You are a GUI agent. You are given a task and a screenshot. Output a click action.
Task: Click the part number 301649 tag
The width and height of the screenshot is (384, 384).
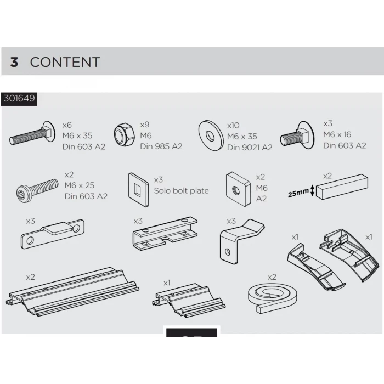pyautogui.click(x=19, y=99)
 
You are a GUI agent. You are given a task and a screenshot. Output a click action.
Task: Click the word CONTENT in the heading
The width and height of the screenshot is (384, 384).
pyautogui.click(x=65, y=62)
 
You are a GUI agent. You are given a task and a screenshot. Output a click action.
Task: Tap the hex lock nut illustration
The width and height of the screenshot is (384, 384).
pyautogui.click(x=125, y=135)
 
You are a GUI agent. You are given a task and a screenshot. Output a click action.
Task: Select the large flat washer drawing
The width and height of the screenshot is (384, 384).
pyautogui.click(x=211, y=135)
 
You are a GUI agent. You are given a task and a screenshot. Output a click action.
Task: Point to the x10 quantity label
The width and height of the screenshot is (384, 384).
pyautogui.click(x=233, y=126)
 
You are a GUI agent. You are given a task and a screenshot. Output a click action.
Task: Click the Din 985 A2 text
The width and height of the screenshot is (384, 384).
pyautogui.click(x=161, y=146)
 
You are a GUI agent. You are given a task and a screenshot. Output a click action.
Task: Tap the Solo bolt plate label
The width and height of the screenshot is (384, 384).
pyautogui.click(x=181, y=190)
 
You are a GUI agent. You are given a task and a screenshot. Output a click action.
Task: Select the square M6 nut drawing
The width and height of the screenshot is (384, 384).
pyautogui.click(x=238, y=189)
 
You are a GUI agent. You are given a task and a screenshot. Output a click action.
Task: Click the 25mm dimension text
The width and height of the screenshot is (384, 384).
pyautogui.click(x=298, y=193)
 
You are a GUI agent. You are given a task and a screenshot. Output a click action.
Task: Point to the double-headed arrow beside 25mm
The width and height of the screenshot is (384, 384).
pyautogui.click(x=312, y=190)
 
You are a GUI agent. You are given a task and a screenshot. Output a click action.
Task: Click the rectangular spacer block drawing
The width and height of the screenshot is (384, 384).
pyautogui.click(x=342, y=186)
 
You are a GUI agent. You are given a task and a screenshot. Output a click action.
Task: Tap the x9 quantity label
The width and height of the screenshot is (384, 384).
pyautogui.click(x=144, y=125)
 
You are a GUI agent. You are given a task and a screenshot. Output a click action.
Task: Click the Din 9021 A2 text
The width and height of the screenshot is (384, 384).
pyautogui.click(x=250, y=148)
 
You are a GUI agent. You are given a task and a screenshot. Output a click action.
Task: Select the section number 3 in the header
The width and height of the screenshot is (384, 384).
pyautogui.click(x=14, y=62)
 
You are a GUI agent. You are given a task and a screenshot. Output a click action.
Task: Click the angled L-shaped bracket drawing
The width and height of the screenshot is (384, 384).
pyautogui.click(x=241, y=241)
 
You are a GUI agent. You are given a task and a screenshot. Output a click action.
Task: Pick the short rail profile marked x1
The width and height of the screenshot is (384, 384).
pyautogui.click(x=189, y=300)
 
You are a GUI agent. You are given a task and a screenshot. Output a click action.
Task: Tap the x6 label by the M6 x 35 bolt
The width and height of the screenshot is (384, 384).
pyautogui.click(x=67, y=125)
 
